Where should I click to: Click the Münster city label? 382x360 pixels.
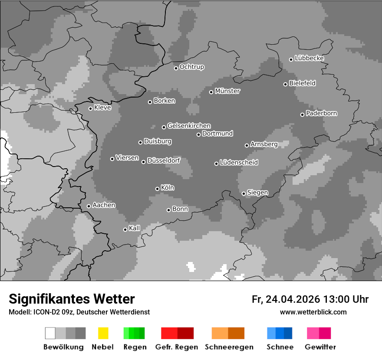pos(227,91)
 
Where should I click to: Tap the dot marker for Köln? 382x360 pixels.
pos(157,189)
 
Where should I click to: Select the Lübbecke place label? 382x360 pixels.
pos(310,58)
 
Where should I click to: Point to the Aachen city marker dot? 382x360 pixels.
pos(89,206)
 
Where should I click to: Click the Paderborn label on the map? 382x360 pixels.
pos(322,113)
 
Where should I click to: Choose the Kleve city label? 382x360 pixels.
pos(102,108)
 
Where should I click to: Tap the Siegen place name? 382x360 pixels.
pos(257,193)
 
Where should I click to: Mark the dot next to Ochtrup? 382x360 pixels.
pos(176,68)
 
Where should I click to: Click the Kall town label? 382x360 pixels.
pos(135,228)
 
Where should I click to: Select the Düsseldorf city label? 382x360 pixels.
pos(164,160)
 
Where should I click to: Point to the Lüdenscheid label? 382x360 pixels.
pos(239,163)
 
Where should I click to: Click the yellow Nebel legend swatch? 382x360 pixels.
pos(103,333)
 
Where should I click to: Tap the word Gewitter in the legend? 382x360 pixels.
pos(320,347)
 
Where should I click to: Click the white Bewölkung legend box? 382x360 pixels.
pos(50,333)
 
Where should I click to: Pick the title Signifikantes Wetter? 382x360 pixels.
pos(72,299)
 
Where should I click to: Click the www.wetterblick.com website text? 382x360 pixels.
pos(313,312)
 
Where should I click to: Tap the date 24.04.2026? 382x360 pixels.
pos(292,299)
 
